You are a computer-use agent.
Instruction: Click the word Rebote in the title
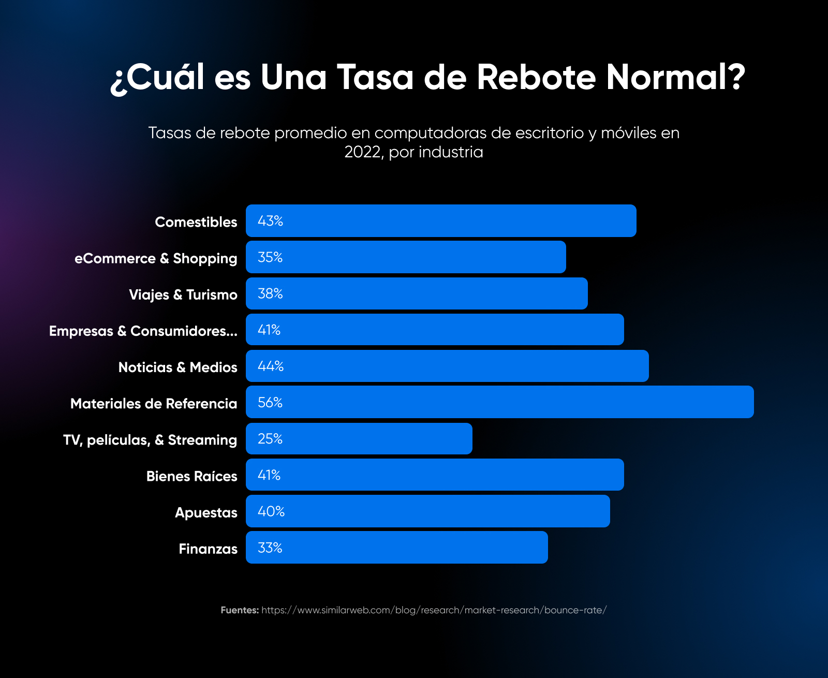point(536,78)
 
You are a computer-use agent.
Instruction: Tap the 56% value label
point(270,402)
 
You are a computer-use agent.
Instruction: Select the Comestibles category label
point(196,222)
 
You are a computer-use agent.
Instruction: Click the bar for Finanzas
point(396,548)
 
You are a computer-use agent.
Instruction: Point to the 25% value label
point(270,439)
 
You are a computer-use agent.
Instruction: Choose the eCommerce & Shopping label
point(156,258)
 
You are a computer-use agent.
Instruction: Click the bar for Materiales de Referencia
point(499,402)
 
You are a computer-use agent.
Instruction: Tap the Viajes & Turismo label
point(183,294)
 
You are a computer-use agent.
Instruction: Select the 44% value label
point(271,366)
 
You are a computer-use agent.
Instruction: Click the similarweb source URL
point(434,610)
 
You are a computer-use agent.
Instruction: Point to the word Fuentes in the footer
point(240,610)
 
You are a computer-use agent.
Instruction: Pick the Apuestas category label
point(206,512)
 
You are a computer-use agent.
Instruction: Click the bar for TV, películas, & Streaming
point(359,439)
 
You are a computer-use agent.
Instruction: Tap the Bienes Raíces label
point(191,476)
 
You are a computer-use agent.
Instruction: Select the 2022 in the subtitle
point(363,152)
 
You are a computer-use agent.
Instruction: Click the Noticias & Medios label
point(178,367)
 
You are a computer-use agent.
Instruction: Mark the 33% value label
point(270,548)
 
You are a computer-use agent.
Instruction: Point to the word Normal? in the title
point(676,78)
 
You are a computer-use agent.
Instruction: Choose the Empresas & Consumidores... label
point(143,331)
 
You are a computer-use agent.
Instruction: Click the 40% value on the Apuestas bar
point(271,511)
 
